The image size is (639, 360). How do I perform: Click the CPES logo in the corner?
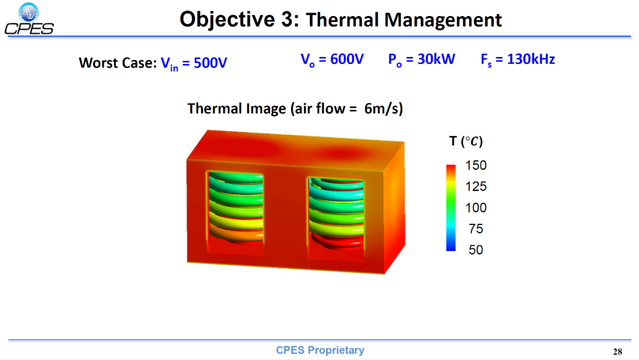(x=29, y=19)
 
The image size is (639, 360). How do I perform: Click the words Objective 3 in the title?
(x=239, y=19)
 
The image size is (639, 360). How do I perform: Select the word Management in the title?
(x=443, y=20)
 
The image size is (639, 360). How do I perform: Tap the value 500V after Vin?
(x=210, y=63)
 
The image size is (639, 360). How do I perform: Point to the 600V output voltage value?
(x=347, y=59)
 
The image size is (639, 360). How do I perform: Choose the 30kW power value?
(x=436, y=59)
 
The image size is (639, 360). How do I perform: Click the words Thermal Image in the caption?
(x=237, y=109)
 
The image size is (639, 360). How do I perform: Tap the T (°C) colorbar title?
(x=466, y=142)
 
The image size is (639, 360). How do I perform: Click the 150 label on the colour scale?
(x=476, y=165)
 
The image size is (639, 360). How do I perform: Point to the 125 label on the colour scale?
(x=476, y=187)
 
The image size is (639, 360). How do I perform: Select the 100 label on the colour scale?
(x=476, y=207)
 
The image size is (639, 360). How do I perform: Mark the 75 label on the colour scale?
(x=476, y=229)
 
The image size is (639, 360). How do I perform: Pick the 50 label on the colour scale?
(x=476, y=250)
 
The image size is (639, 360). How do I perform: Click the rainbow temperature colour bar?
(x=451, y=208)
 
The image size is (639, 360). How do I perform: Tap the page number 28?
(x=617, y=352)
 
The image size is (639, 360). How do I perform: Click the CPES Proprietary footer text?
(x=320, y=350)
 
